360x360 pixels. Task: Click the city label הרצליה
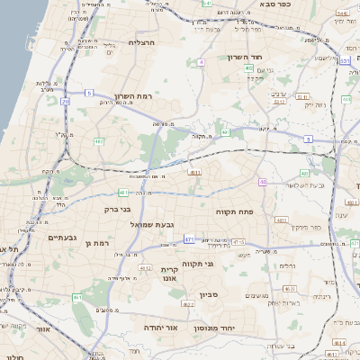143,42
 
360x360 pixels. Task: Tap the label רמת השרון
137,97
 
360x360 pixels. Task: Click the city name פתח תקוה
235,211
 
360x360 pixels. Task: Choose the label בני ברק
120,209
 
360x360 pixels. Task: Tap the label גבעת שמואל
157,223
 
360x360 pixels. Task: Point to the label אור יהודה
162,328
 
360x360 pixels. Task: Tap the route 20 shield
66,101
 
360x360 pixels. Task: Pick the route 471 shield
189,239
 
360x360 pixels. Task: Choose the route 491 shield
226,133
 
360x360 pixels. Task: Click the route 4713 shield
238,242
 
